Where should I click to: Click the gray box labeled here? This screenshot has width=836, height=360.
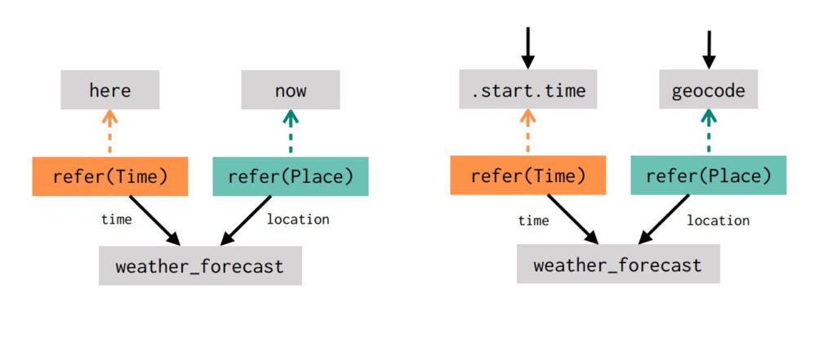pos(110,90)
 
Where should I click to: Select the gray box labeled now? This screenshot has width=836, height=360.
pos(290,90)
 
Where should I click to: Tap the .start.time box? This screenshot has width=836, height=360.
pos(528,90)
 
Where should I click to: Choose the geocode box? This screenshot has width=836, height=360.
pos(708,90)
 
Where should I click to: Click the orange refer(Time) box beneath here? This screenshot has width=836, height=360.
pos(110,176)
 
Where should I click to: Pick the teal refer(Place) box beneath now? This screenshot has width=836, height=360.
pos(290,176)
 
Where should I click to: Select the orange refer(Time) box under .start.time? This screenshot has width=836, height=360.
pos(528,176)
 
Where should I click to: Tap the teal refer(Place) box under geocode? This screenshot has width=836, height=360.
pos(708,176)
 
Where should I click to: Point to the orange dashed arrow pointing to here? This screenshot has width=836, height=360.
pos(110,133)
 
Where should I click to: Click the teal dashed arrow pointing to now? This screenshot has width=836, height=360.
pos(290,133)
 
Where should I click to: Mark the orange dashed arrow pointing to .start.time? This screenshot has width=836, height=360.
pos(528,133)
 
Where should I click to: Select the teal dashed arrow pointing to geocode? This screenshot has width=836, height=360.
pos(708,133)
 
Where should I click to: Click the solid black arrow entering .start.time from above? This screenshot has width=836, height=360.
pos(528,47)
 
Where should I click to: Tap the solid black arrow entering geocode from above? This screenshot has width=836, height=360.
pos(709,49)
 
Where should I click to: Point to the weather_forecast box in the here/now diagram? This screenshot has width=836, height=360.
pos(200,266)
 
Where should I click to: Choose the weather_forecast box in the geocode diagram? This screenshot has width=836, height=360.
pos(618,265)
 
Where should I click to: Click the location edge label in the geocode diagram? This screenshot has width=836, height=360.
pos(718,220)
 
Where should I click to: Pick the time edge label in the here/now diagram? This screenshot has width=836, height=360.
pos(117,220)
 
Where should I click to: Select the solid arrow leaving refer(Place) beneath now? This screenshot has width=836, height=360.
pos(247,220)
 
